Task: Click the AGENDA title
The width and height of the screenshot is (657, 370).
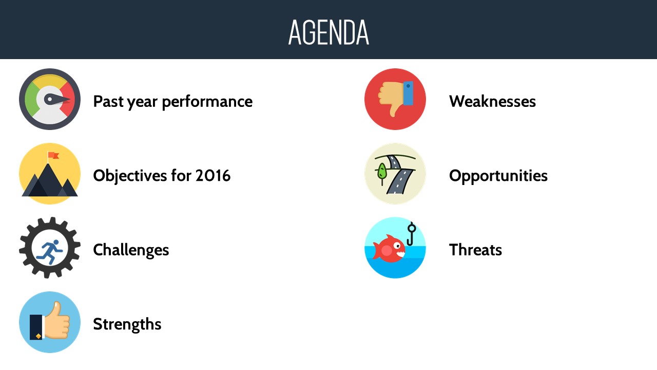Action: pos(328,32)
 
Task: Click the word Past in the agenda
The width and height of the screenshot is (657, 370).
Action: pos(108,101)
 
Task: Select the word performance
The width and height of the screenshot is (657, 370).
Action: pos(207,102)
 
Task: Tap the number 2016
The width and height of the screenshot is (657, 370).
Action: pos(213,176)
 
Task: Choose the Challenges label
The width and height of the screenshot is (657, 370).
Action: pos(131,250)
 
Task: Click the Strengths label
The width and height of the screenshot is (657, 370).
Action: pos(127,324)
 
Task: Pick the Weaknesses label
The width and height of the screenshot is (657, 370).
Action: pos(492,101)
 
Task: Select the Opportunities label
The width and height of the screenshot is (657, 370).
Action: pos(498,176)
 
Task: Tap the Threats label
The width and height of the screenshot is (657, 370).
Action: pos(475,250)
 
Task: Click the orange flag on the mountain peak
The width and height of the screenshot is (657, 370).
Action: pos(53,155)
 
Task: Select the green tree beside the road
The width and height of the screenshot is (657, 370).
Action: pos(381,173)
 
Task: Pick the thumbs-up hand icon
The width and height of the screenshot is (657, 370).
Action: pos(50,321)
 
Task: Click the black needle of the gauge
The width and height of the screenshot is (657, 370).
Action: pos(57,99)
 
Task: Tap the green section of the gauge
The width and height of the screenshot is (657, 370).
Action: pos(30,99)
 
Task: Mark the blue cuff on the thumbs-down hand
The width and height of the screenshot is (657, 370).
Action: pos(408,93)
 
